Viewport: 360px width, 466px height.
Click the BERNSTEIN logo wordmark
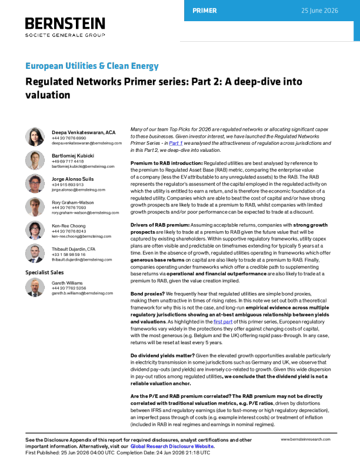tap(65, 24)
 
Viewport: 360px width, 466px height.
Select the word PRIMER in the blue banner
tap(205, 11)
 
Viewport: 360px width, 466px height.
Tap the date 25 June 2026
tap(319, 11)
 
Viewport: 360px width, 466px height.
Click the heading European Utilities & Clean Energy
tap(92, 66)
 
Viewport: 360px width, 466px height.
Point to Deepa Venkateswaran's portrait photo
tap(35, 137)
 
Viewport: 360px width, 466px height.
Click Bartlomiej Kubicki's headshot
tap(35, 160)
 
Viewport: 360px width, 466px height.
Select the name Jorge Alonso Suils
tap(73, 179)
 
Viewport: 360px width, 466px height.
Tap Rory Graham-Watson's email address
tap(85, 213)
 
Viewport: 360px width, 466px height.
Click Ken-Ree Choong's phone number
tap(69, 231)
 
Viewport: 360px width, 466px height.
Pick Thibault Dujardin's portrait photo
tap(35, 254)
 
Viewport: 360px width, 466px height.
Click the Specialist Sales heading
tap(45, 272)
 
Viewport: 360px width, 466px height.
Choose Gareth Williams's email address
tap(82, 294)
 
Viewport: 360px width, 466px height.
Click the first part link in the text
tap(223, 322)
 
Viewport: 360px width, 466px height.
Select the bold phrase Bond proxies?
tap(148, 294)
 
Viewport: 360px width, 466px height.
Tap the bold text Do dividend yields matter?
tap(163, 356)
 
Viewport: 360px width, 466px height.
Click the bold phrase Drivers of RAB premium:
tap(160, 225)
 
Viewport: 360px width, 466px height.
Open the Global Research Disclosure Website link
tap(172, 447)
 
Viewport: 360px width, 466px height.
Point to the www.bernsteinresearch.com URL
tap(306, 440)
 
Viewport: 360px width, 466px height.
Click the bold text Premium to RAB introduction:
tap(166, 163)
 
